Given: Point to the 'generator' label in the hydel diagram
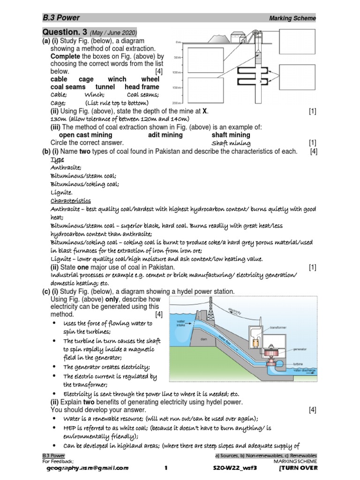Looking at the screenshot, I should coord(300,349).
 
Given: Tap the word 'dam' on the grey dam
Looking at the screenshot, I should coord(203,338).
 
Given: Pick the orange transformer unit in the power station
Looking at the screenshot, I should coord(256,344).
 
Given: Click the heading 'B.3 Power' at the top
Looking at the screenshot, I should coord(61,18).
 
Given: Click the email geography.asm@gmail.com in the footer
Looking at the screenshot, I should coord(85,468).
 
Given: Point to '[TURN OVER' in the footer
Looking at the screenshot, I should coord(299,468).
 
